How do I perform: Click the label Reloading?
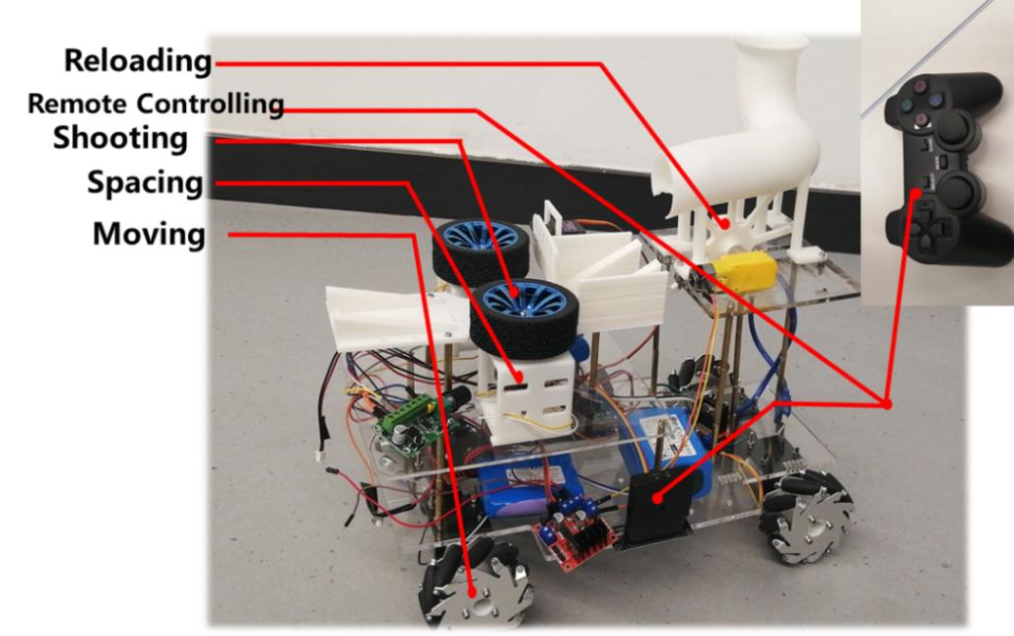138,61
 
